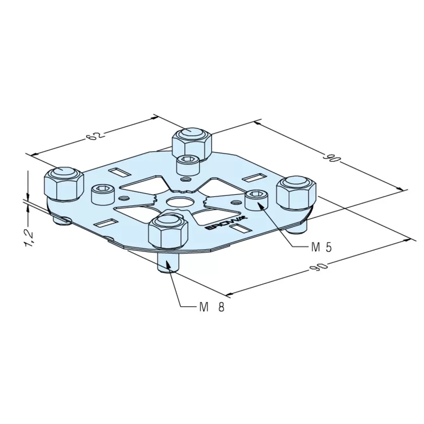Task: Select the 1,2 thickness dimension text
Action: click(x=29, y=238)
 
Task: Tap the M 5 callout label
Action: click(x=321, y=247)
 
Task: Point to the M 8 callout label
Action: click(x=212, y=307)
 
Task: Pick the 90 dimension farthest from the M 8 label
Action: click(x=332, y=157)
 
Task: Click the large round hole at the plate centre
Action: click(x=180, y=201)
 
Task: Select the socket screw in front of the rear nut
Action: click(x=188, y=166)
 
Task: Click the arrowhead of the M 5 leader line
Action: click(x=260, y=206)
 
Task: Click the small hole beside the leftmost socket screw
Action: click(x=123, y=198)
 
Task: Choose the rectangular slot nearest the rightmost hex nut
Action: click(x=254, y=178)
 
